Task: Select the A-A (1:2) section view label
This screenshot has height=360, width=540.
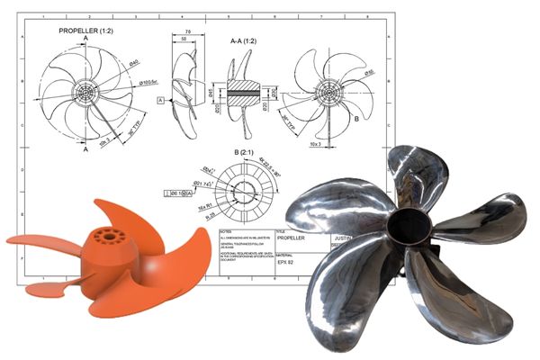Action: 247,40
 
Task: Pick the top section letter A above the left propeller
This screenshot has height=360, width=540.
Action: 85,40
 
